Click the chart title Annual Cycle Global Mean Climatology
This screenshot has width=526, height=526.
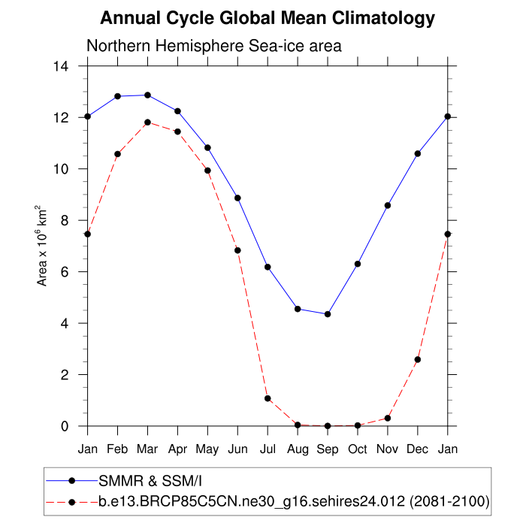[268, 17]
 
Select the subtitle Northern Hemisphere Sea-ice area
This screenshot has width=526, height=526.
[214, 46]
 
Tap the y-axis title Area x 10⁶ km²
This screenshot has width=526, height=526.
[43, 245]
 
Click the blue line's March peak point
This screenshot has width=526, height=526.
[147, 95]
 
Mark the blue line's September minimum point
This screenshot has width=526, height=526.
[328, 314]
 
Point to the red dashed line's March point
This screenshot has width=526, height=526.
[147, 122]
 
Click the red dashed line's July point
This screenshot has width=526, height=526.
[268, 398]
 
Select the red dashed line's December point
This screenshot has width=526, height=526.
[418, 359]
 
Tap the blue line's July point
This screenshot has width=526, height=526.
[268, 267]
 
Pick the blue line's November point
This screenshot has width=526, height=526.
[388, 205]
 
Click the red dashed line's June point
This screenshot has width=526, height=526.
[237, 250]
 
